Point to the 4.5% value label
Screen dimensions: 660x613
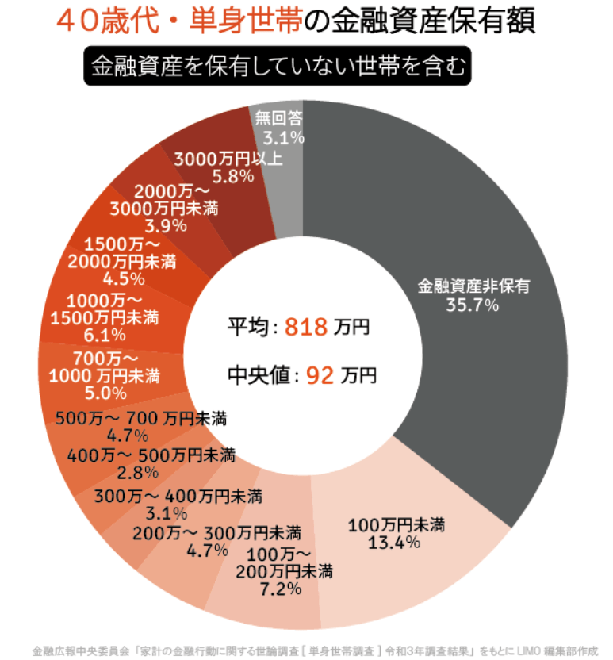point(124,278)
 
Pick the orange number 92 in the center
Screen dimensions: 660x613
point(316,374)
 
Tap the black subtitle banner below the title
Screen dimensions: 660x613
point(278,67)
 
